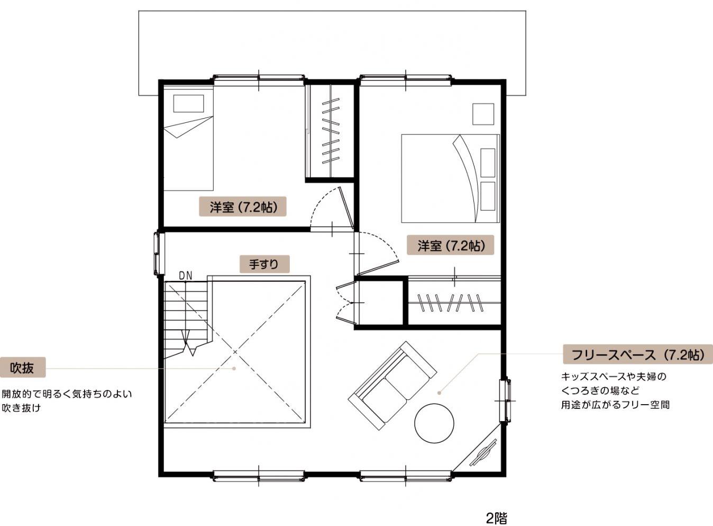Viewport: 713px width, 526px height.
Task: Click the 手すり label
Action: (264, 264)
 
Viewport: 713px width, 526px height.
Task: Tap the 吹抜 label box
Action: (22, 368)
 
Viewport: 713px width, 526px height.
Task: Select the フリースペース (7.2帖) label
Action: (638, 354)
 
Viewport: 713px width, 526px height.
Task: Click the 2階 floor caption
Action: (496, 518)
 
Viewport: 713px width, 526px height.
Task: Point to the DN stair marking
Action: (186, 276)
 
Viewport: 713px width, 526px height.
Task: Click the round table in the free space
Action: (434, 423)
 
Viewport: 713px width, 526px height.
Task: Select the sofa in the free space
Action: (392, 386)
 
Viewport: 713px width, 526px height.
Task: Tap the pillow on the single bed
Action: (188, 103)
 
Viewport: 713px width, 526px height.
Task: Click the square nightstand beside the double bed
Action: (483, 114)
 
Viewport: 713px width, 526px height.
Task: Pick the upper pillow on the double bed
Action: (488, 163)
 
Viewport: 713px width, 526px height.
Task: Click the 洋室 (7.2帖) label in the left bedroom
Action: (243, 207)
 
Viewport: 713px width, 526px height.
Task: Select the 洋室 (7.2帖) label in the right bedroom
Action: (451, 245)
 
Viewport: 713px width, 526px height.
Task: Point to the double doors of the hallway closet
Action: (345, 301)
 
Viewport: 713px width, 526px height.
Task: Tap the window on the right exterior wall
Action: (505, 400)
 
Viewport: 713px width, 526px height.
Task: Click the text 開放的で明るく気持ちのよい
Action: (67, 394)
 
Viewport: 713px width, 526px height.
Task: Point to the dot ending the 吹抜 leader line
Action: (234, 369)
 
